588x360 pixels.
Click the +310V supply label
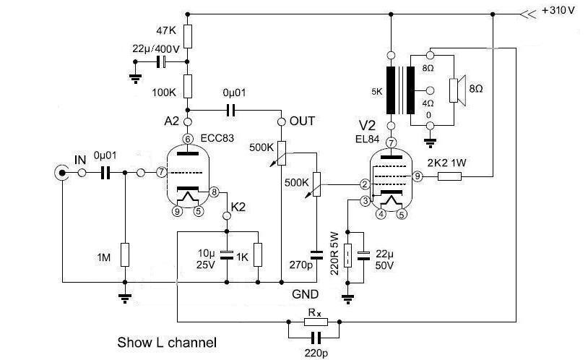tap(558, 11)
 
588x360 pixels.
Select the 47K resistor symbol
tap(188, 36)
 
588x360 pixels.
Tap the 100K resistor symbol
tap(188, 86)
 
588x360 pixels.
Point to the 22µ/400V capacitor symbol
tap(161, 61)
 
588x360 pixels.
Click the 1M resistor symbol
tap(125, 255)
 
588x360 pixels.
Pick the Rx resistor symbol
tap(316, 322)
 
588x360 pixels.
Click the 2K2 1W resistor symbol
tap(449, 176)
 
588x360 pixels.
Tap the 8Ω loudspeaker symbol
tap(457, 90)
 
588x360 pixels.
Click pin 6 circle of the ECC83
tap(188, 139)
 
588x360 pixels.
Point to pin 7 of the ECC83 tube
tap(161, 172)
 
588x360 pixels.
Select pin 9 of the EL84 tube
tap(417, 176)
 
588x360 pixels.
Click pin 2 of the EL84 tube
tap(365, 184)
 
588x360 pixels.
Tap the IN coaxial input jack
tap(61, 173)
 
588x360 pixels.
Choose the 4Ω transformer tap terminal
tap(430, 90)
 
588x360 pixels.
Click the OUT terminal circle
tap(281, 122)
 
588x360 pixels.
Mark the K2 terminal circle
tap(227, 216)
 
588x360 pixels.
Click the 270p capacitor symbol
tap(317, 255)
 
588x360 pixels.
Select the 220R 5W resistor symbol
tap(347, 255)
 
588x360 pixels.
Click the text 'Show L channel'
tap(167, 343)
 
